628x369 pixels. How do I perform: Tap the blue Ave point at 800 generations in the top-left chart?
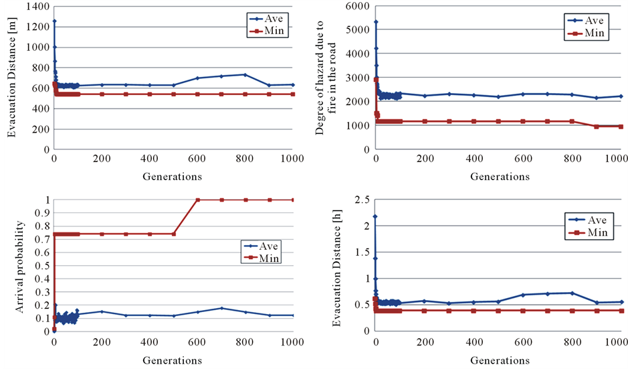coord(245,74)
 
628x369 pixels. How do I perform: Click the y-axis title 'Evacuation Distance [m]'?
coord(11,77)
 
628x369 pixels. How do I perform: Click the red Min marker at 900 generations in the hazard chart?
coord(597,126)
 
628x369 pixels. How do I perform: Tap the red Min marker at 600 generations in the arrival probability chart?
coord(197,200)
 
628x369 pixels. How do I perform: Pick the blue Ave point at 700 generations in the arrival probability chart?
coord(221,308)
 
